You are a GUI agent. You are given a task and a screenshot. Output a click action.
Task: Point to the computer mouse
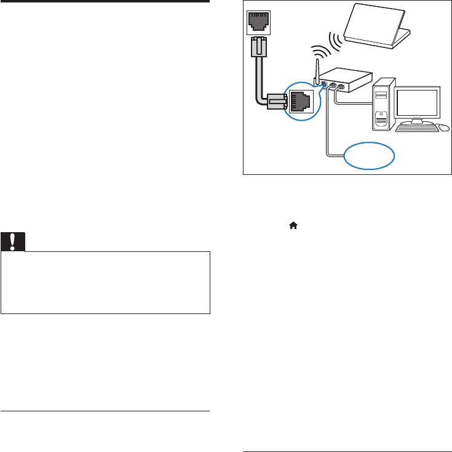pos(444,128)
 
